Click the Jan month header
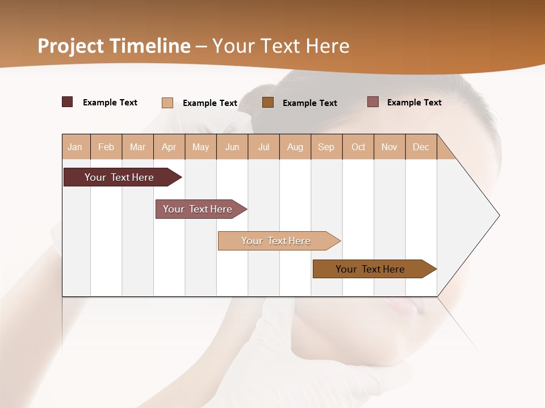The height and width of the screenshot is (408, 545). [75, 147]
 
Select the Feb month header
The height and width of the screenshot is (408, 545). [106, 147]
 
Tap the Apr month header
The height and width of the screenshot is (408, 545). [169, 147]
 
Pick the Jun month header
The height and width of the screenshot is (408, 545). [232, 147]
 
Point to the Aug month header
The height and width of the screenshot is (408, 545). [295, 147]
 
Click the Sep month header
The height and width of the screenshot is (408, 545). [326, 147]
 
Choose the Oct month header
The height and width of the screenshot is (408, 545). [358, 147]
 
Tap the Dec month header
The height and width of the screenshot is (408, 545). [421, 147]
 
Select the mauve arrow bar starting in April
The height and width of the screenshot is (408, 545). [199, 209]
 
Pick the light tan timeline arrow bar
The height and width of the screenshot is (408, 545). [276, 241]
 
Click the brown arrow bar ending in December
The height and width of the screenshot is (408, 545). [371, 269]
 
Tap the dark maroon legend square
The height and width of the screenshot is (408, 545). [67, 102]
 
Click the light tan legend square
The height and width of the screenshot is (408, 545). [167, 103]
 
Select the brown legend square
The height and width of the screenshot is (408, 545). [268, 103]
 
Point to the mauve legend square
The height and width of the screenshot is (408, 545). [373, 102]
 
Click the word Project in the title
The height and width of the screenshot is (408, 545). [70, 46]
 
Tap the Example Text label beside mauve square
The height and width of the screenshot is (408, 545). [414, 103]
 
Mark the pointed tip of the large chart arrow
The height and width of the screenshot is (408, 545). [498, 215]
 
